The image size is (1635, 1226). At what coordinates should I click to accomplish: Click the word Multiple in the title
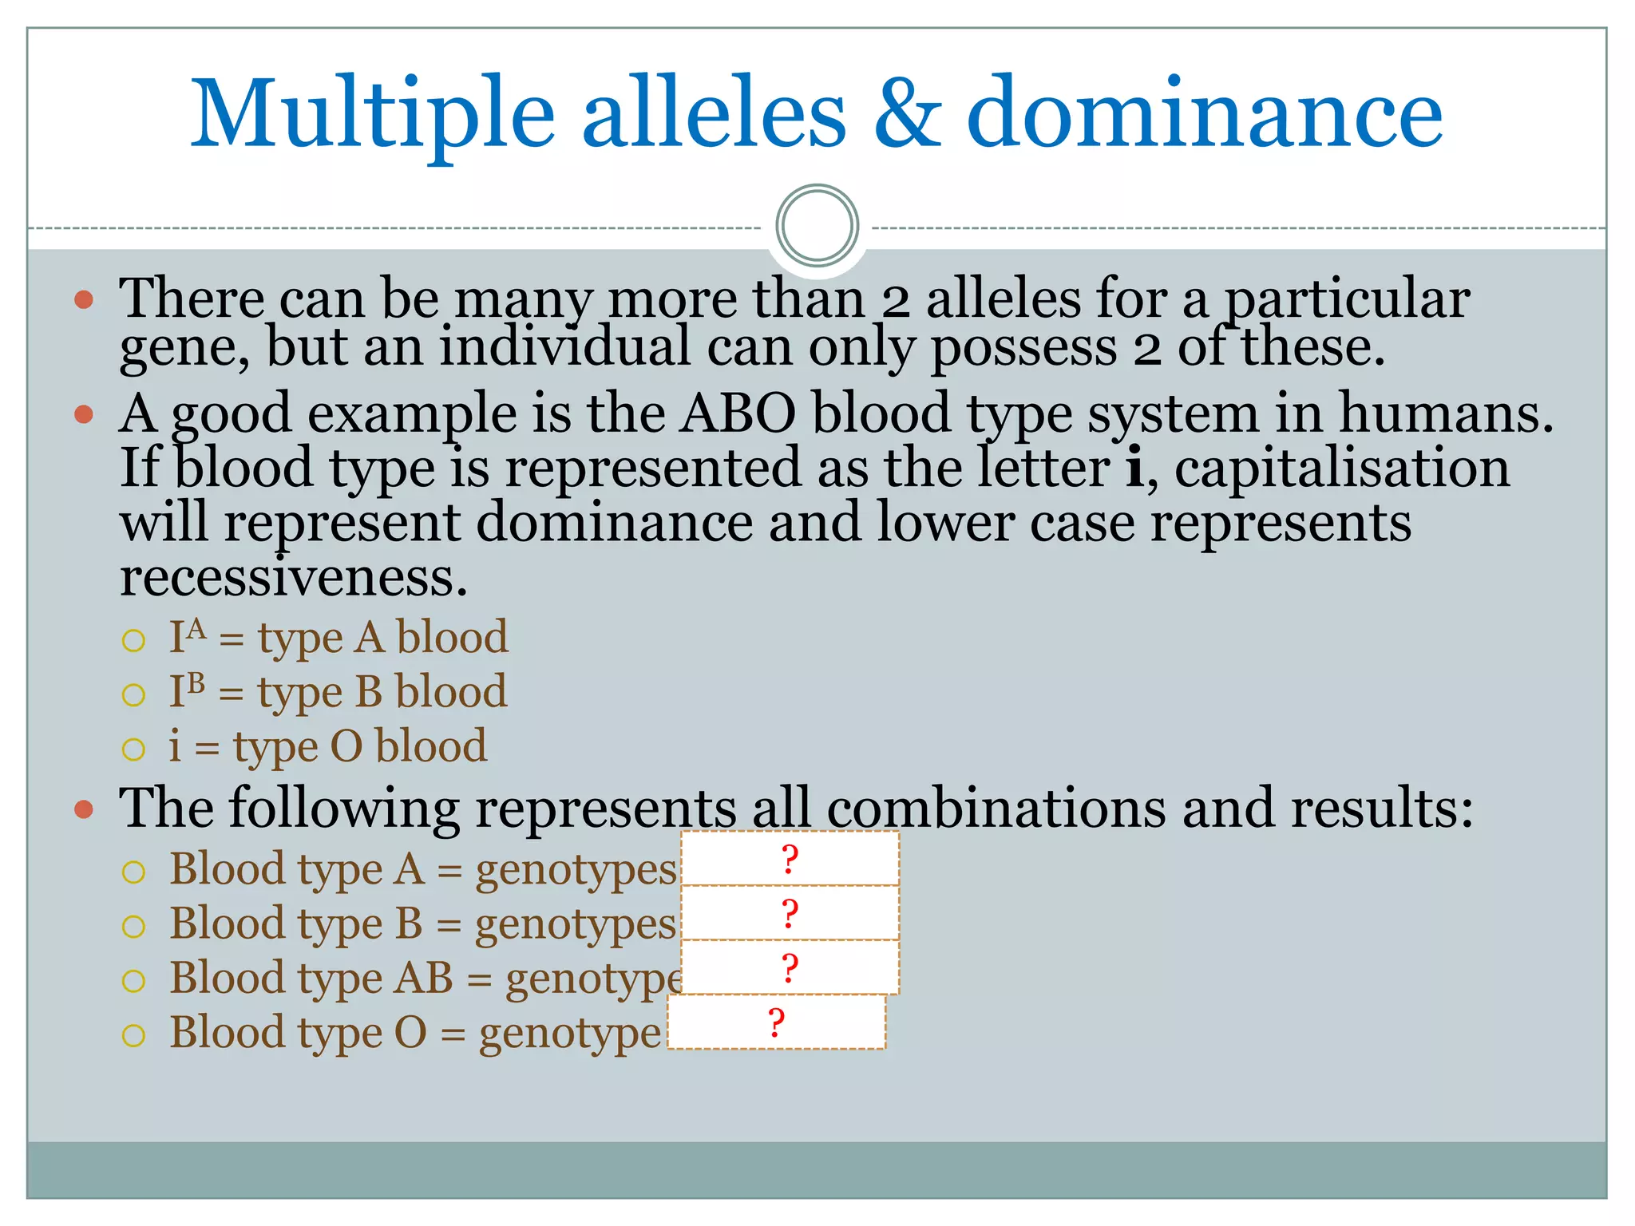click(372, 113)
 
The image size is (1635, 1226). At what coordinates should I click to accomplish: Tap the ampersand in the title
click(908, 113)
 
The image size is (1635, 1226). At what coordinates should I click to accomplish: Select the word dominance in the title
click(1204, 113)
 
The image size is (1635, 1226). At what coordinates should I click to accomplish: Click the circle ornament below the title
click(817, 226)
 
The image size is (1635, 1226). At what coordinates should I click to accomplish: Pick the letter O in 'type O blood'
click(346, 746)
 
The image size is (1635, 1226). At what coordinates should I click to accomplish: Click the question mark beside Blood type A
click(790, 860)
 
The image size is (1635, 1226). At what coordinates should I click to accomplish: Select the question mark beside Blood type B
click(790, 914)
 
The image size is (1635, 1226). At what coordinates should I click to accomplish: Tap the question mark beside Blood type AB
click(790, 968)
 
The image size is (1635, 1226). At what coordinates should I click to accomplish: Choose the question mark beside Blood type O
click(776, 1022)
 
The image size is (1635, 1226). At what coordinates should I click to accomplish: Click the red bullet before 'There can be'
click(84, 300)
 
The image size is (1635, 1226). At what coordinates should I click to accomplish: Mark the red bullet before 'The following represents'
click(84, 810)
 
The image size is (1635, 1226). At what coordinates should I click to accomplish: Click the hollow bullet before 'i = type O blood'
click(133, 749)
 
